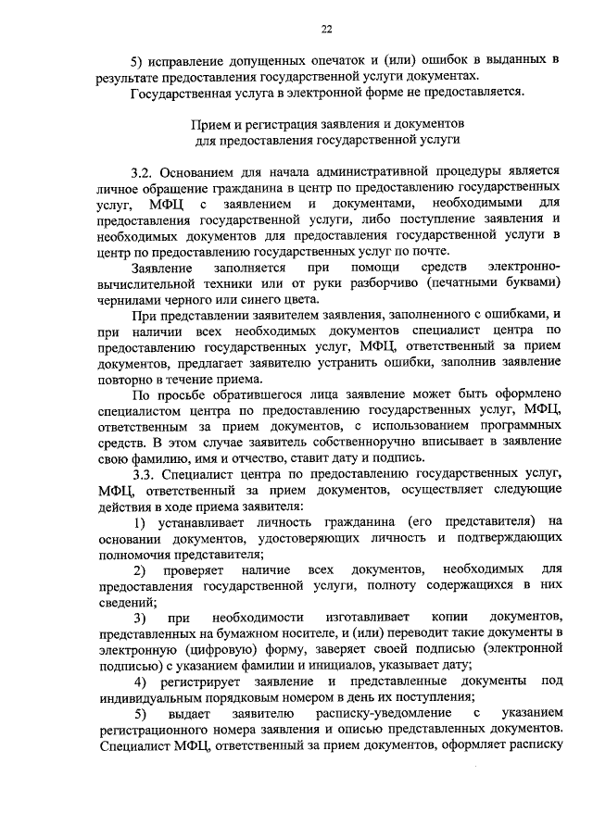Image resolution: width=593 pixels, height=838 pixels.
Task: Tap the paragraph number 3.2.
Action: tap(144, 172)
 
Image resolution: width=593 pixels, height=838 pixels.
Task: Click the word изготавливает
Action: tap(357, 618)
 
